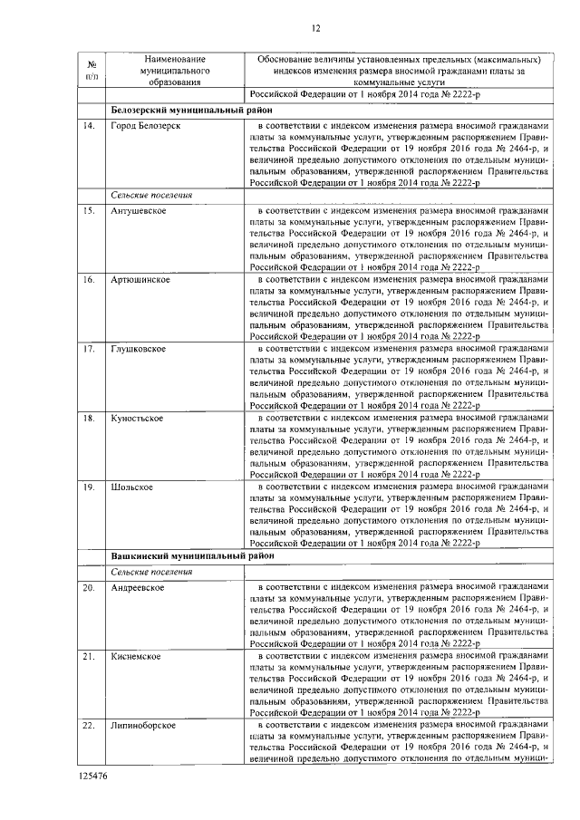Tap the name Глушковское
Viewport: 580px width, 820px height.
138,349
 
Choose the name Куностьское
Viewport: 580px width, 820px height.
137,419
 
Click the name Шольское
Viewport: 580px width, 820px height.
131,487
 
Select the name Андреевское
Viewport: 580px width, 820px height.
137,588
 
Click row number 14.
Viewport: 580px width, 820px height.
90,125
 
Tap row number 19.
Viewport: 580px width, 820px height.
90,487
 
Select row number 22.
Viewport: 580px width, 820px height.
90,726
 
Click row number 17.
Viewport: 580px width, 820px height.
90,349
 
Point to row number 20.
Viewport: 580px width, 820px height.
90,588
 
